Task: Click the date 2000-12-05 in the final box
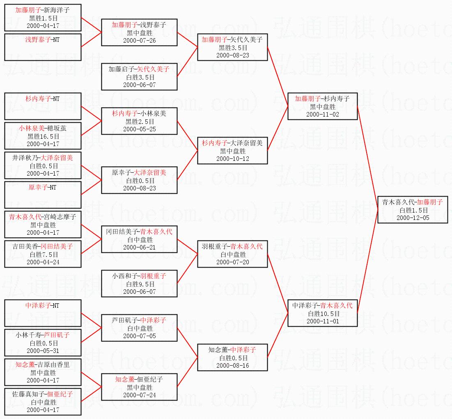(x=413, y=218)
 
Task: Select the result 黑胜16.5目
(x=43, y=136)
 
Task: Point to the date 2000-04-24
(x=43, y=262)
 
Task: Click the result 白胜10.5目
(x=322, y=314)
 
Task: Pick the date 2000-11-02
(x=322, y=114)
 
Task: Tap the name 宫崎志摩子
(x=59, y=217)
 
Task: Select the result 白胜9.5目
(x=140, y=284)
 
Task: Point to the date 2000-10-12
(x=232, y=158)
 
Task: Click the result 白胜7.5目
(x=43, y=254)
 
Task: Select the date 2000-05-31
(x=43, y=350)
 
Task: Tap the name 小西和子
(x=125, y=276)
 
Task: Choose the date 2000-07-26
(x=140, y=40)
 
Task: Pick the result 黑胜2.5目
(x=140, y=121)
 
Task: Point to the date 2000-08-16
(x=232, y=365)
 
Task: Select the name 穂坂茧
(x=56, y=128)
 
